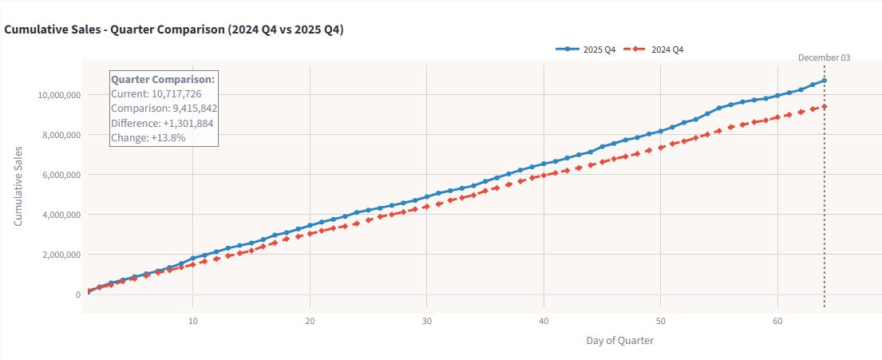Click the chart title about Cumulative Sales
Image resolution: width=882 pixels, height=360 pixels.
pos(180,30)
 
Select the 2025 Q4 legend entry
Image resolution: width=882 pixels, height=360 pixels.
pos(586,49)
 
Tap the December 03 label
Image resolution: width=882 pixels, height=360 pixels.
pos(825,57)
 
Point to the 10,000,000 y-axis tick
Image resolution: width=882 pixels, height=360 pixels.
pos(59,95)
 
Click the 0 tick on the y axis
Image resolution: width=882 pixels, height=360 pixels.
pos(77,295)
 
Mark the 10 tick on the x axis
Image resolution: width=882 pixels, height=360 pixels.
pos(193,321)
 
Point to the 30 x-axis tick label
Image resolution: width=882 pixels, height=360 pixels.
pos(427,321)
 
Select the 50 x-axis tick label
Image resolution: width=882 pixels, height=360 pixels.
pos(660,321)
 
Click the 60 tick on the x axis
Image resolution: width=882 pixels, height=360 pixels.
pos(777,321)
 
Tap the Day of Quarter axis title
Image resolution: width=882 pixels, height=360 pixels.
pos(619,341)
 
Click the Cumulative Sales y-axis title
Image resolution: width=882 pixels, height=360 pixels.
pos(18,186)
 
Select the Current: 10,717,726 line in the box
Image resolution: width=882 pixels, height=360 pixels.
pos(156,94)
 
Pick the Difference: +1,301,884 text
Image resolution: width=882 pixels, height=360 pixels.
pos(162,123)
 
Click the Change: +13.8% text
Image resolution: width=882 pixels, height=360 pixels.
pos(148,137)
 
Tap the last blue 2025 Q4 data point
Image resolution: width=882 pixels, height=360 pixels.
pos(824,81)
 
